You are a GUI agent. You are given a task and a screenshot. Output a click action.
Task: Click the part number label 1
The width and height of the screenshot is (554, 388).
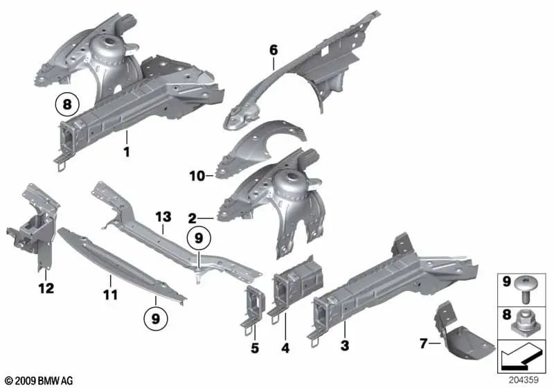click(126, 150)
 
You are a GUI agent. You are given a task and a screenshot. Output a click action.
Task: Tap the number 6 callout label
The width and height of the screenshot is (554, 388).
click(273, 49)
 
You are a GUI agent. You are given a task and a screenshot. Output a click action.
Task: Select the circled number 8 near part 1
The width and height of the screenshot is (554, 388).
click(66, 105)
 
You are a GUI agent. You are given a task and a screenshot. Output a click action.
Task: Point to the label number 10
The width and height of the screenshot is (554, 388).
click(197, 176)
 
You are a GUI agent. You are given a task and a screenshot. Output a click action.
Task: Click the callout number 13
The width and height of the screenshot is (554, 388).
click(162, 216)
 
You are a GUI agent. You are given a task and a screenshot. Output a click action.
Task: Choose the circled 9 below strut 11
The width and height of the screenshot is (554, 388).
click(156, 319)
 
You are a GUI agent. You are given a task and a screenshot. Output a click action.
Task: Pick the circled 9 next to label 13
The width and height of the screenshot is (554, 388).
click(199, 238)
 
